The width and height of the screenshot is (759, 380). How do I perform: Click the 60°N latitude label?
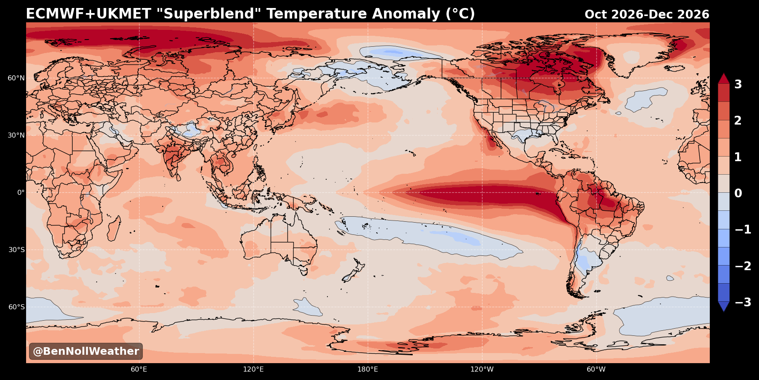pos(16,78)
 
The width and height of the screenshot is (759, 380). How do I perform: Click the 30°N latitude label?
pos(16,135)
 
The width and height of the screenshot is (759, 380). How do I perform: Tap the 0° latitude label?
pos(21,192)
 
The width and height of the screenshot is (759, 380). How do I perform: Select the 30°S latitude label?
pos(16,250)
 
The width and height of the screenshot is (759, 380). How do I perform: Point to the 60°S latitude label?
pos(16,307)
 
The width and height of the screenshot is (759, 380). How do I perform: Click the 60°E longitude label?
pos(139,369)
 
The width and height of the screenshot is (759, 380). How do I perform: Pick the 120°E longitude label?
pos(253,369)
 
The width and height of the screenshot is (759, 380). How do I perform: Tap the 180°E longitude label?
pos(368,369)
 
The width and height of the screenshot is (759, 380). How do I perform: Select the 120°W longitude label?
pos(482,369)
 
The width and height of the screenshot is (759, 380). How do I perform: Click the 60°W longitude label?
pos(596,369)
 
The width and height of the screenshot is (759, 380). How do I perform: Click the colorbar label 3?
pos(738,84)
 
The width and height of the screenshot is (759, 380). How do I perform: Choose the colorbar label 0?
pos(738,193)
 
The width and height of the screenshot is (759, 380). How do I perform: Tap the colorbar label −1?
pos(743,229)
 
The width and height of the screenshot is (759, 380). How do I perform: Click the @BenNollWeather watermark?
pos(86,351)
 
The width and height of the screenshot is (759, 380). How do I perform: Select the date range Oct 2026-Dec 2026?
pos(647,15)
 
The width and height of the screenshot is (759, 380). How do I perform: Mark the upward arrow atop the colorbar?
pos(724,79)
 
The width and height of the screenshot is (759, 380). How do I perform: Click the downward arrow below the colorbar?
pos(724,306)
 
